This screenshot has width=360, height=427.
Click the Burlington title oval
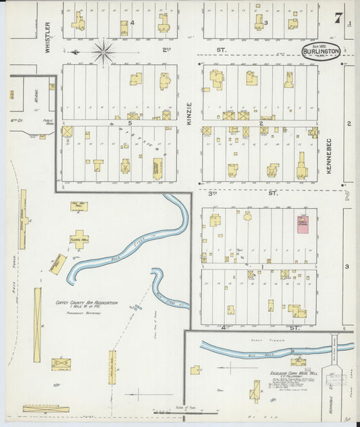tap(322, 52)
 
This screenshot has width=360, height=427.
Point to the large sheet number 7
tap(337, 18)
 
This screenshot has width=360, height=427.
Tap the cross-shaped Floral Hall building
tap(80, 238)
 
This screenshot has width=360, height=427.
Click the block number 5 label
tap(129, 123)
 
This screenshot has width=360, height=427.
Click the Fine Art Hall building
tap(79, 206)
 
